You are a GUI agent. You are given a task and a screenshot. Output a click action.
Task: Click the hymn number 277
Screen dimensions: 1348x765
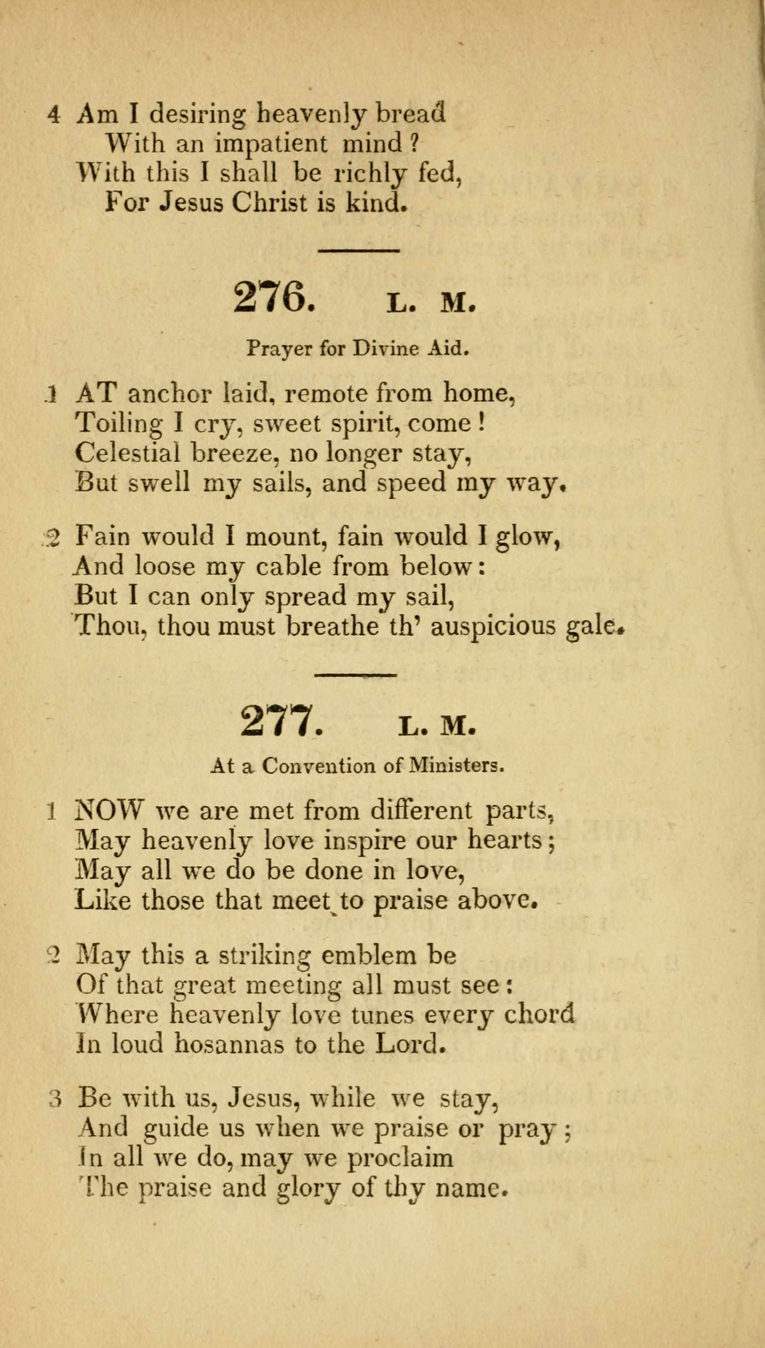tap(279, 721)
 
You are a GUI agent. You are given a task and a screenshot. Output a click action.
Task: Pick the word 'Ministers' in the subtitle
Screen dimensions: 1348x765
tap(456, 767)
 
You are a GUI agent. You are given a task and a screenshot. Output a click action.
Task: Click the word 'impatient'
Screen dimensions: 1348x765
tap(271, 143)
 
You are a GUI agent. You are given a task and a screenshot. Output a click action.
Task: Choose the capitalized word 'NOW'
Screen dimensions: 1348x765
tap(109, 811)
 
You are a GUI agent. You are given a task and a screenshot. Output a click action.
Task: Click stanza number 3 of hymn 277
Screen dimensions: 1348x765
tap(56, 1099)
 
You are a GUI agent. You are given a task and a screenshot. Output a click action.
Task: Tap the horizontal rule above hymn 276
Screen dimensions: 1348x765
tap(360, 251)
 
